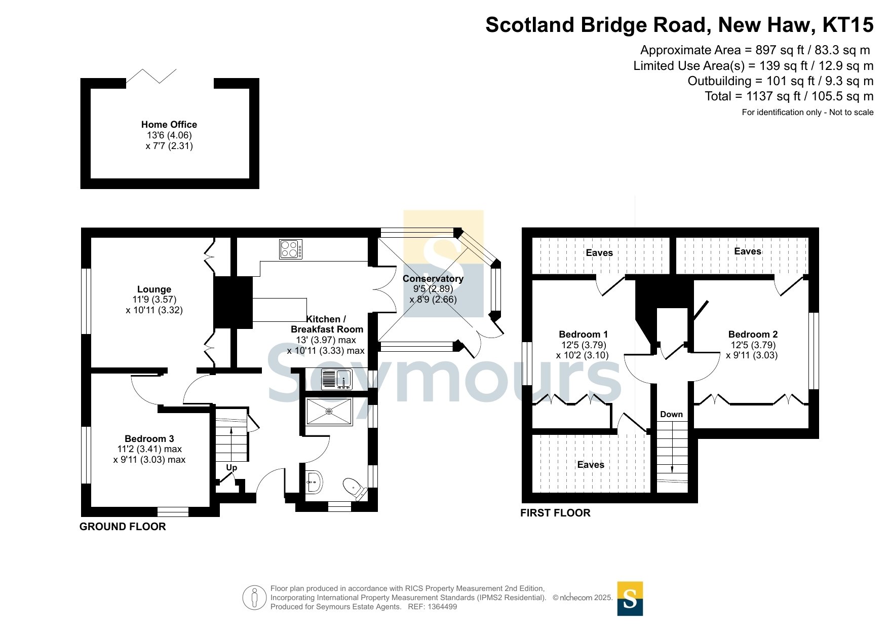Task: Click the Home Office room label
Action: (x=169, y=125)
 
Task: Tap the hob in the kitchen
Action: (x=291, y=249)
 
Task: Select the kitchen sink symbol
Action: (x=336, y=380)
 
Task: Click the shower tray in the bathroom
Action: (x=329, y=411)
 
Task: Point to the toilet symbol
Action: (x=355, y=489)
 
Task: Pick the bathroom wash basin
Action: (x=314, y=482)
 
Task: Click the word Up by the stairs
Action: (x=231, y=467)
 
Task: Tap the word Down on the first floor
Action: (x=671, y=414)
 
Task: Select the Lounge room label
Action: (x=154, y=289)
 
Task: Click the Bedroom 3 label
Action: (x=149, y=438)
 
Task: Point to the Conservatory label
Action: (x=433, y=278)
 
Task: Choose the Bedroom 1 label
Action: (x=583, y=334)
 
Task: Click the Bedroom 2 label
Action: (x=753, y=334)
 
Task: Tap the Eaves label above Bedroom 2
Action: (x=748, y=251)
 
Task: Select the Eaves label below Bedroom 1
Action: (x=591, y=465)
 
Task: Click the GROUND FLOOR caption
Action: (x=123, y=527)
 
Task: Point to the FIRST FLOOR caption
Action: (x=555, y=513)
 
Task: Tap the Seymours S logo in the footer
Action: (x=630, y=599)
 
